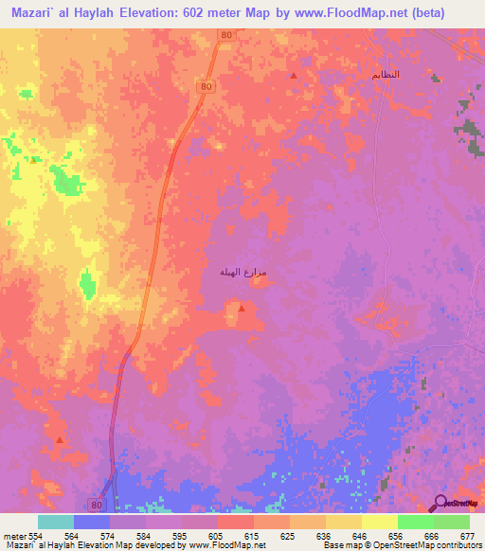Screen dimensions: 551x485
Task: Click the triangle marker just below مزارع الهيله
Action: (x=242, y=309)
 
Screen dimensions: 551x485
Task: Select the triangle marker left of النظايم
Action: (x=294, y=76)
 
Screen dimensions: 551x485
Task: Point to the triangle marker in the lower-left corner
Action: (x=60, y=440)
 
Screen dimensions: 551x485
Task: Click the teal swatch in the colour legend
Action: (x=55, y=522)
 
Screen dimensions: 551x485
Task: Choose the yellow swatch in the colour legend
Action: (x=379, y=522)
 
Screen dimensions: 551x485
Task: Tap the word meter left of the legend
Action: (x=15, y=535)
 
